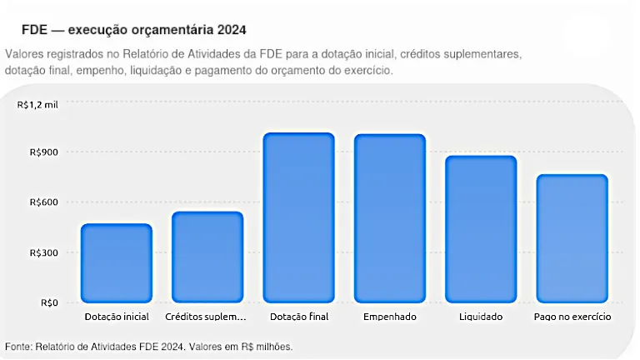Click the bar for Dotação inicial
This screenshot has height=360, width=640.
[117, 262]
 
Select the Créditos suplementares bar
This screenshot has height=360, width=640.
[207, 257]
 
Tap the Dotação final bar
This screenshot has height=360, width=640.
[299, 217]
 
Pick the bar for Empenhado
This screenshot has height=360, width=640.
[390, 218]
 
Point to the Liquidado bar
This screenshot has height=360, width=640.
[481, 229]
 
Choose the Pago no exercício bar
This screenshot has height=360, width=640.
[572, 238]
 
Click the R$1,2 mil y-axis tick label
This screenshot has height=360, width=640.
[37, 105]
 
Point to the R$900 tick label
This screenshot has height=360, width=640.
[44, 152]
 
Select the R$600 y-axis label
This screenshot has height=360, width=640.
[44, 202]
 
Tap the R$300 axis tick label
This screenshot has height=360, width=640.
[44, 253]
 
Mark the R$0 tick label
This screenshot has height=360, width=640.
[49, 302]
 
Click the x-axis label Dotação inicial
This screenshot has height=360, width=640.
[117, 317]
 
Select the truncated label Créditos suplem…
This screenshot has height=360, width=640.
[206, 317]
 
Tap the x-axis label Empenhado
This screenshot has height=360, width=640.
[390, 317]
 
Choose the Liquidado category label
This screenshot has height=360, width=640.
[481, 317]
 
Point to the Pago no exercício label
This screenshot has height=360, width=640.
[572, 317]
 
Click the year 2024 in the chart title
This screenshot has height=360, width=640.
[232, 30]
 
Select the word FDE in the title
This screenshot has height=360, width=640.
[35, 30]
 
